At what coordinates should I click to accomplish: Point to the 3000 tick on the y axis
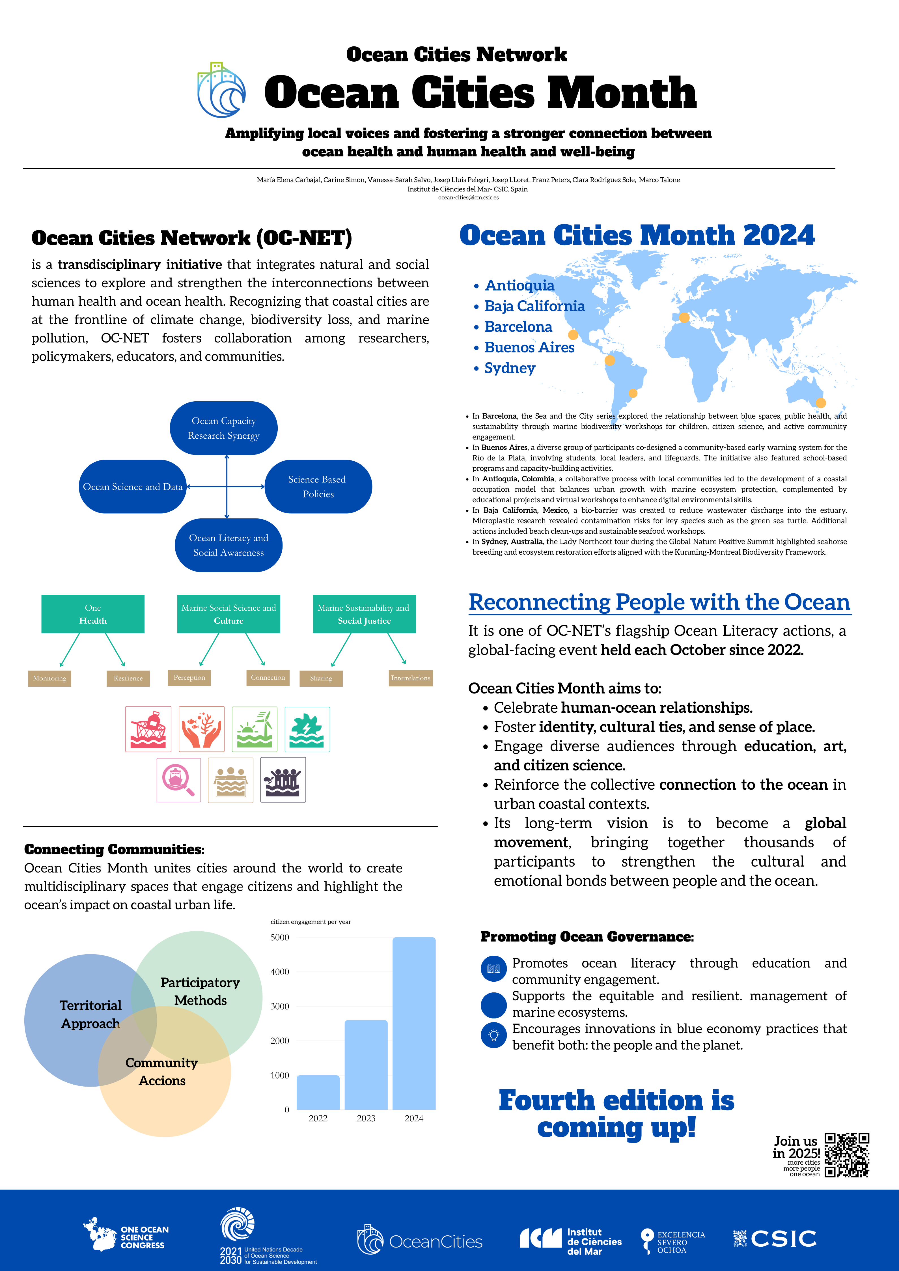(280, 1006)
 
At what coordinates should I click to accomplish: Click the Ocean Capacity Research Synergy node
(224, 428)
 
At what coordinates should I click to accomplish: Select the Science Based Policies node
(318, 486)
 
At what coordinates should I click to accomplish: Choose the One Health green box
(93, 614)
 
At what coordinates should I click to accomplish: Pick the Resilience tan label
(128, 678)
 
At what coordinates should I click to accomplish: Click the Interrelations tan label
(410, 678)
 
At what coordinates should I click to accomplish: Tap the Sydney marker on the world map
(821, 403)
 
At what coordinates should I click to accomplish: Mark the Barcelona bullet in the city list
(518, 327)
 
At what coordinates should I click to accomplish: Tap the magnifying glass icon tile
(178, 779)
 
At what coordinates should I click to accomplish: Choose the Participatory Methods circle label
(200, 991)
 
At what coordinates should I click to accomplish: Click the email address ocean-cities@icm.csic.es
(468, 198)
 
